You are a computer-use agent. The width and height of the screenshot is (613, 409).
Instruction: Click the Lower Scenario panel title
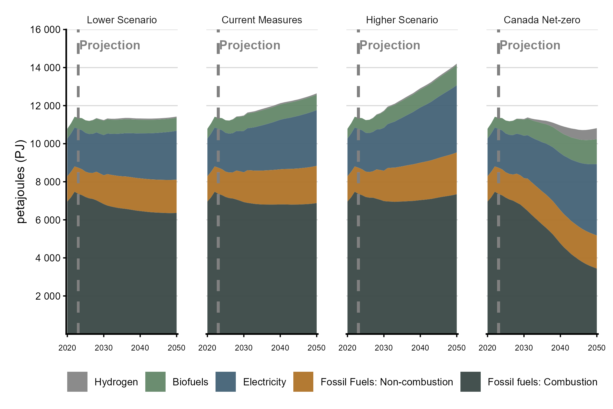[x=122, y=20]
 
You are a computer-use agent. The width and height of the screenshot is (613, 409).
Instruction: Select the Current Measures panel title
[x=262, y=20]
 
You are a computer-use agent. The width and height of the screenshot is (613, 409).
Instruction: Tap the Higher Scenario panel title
[x=402, y=20]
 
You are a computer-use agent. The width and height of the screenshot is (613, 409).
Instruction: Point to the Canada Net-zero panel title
[x=542, y=20]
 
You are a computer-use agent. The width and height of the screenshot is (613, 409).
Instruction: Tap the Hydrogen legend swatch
[x=77, y=382]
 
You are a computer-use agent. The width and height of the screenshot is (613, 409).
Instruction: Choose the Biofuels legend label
[x=190, y=382]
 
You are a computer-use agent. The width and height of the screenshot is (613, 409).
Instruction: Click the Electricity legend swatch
[x=226, y=382]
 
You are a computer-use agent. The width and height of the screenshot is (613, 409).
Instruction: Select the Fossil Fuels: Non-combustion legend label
[x=387, y=382]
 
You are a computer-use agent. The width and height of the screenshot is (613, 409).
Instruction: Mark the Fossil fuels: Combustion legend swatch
[x=470, y=382]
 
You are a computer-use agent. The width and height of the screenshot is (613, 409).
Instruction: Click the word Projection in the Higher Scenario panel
[x=390, y=45]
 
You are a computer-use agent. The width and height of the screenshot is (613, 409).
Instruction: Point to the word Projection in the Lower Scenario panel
[x=110, y=45]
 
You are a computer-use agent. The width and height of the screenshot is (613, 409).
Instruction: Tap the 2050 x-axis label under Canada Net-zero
[x=596, y=348]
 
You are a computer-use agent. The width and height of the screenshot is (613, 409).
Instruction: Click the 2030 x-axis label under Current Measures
[x=244, y=348]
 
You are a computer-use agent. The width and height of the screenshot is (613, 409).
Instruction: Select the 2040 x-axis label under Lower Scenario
[x=140, y=348]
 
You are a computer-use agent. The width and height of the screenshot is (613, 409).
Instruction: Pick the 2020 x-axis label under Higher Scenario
[x=348, y=348]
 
